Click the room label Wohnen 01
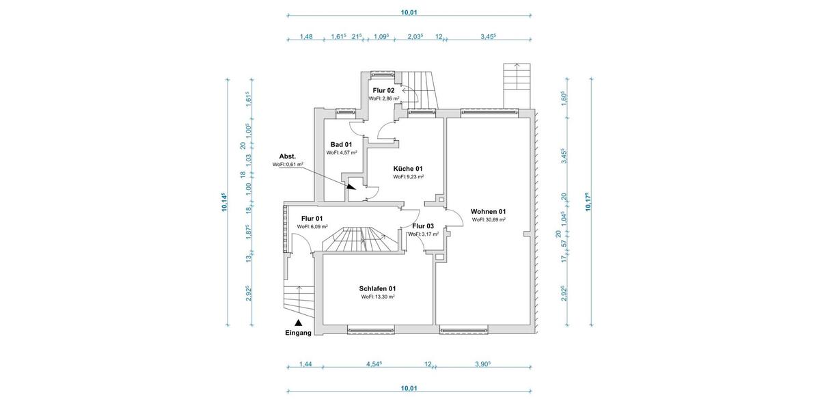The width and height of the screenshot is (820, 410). coord(488,211)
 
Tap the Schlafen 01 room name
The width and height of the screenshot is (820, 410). coord(378,288)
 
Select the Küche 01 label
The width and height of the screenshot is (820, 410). coord(408,168)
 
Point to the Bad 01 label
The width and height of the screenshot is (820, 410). coord(341,144)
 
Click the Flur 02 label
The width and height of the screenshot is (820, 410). coord(383,90)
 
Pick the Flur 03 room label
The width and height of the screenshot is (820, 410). coord(423,225)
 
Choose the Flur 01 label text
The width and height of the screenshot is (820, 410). coord(312,218)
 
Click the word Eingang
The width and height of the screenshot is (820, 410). coord(298,333)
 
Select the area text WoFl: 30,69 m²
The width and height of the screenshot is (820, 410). coord(489,220)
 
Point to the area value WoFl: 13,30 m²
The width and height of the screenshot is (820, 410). coord(378,297)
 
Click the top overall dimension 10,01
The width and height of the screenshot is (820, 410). coord(409,12)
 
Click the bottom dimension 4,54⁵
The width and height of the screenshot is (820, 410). coord(373,365)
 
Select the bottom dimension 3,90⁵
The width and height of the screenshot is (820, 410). coord(482,365)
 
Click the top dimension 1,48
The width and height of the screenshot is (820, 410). coord(306,37)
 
